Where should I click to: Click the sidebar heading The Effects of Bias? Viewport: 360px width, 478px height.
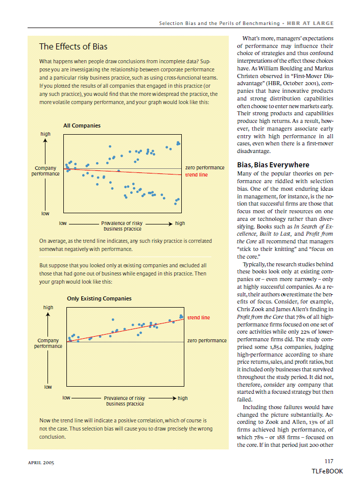[73, 46]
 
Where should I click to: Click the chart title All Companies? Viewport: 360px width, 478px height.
[82, 125]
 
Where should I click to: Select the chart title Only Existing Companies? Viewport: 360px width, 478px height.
[99, 298]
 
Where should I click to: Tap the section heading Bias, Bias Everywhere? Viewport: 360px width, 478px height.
[273, 165]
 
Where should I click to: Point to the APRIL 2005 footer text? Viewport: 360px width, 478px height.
[40, 463]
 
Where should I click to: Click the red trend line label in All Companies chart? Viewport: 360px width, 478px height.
[197, 175]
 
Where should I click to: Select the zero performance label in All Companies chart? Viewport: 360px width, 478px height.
[204, 167]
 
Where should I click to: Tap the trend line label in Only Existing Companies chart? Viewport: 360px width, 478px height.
[199, 318]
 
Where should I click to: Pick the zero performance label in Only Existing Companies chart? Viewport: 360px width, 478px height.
[207, 340]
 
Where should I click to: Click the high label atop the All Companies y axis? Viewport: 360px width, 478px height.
[45, 134]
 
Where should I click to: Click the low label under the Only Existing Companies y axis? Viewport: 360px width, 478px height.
[47, 387]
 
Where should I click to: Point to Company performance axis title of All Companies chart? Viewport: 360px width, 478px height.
[45, 171]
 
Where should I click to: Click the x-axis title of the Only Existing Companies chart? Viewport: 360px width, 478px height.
[124, 401]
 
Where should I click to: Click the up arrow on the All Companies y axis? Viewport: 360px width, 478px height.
[45, 142]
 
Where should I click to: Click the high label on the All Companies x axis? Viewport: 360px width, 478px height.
[180, 223]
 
